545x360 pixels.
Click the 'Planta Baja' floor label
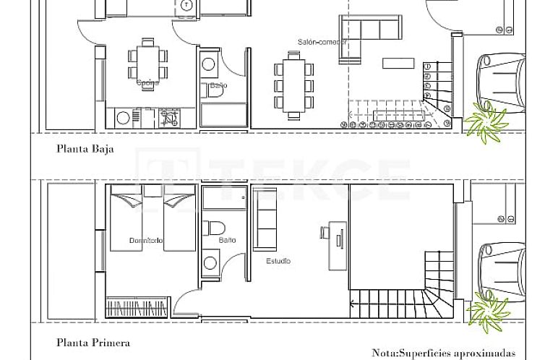point(85,150)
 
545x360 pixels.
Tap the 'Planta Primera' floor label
point(93,343)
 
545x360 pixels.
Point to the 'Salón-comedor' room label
point(322,42)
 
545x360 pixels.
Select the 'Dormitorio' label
point(146,240)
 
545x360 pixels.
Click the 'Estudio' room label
point(278,261)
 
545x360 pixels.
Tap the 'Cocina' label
point(147,82)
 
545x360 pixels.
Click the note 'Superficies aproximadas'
point(444,353)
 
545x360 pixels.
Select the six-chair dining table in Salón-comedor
point(294,86)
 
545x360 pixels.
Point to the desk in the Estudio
point(336,243)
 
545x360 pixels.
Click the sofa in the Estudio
point(265,218)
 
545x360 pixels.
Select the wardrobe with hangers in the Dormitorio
point(138,308)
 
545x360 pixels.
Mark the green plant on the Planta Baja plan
point(485,120)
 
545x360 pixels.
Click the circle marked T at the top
point(187,6)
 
